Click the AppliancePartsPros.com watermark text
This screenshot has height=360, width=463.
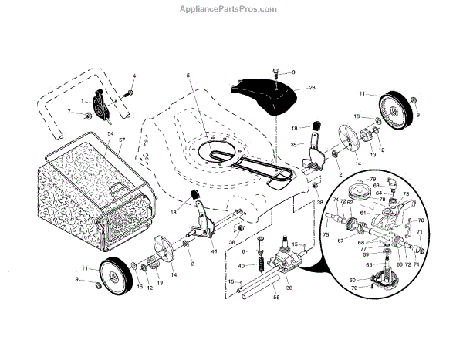[231, 9]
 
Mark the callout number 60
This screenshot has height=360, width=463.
[352, 280]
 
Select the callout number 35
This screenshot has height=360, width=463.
[294, 144]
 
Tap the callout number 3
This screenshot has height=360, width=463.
[292, 72]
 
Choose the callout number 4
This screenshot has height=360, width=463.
[133, 76]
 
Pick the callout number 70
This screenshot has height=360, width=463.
[421, 220]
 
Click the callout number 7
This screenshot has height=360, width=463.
[68, 112]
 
